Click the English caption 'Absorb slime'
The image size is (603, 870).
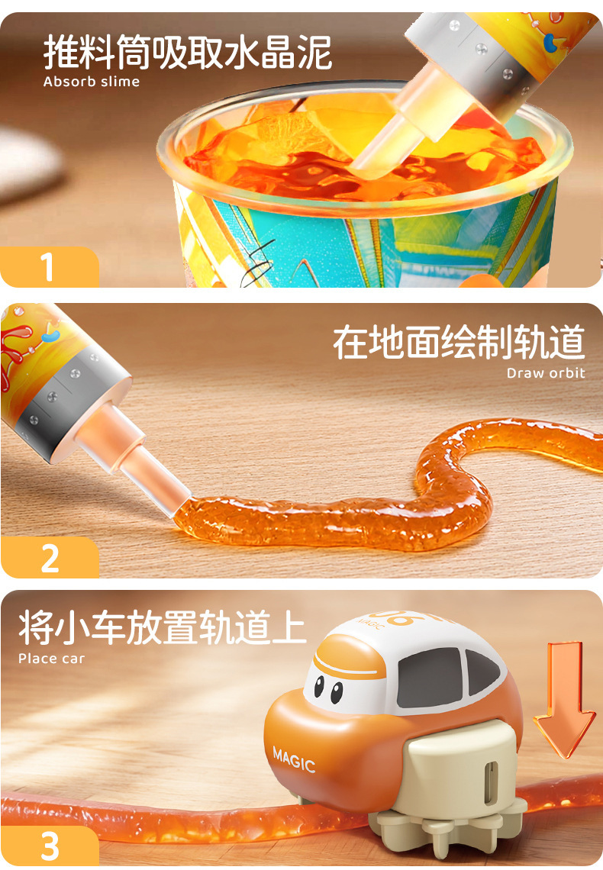pos(92,82)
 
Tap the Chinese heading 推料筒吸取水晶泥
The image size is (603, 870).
pos(188,52)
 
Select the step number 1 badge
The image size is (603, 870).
pos(50,267)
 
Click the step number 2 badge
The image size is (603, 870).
pos(50,558)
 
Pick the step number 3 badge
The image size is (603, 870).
pos(50,846)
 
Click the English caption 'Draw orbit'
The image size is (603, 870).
pos(546,373)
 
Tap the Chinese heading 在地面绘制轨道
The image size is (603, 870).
pos(459,343)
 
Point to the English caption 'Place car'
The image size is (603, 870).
pos(52,659)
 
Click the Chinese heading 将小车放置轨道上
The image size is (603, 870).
pos(162,627)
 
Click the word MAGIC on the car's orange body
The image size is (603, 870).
pos(294,759)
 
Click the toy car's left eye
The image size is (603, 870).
pos(318,686)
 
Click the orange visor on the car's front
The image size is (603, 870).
pos(348,659)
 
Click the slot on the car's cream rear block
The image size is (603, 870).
pos(490,781)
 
